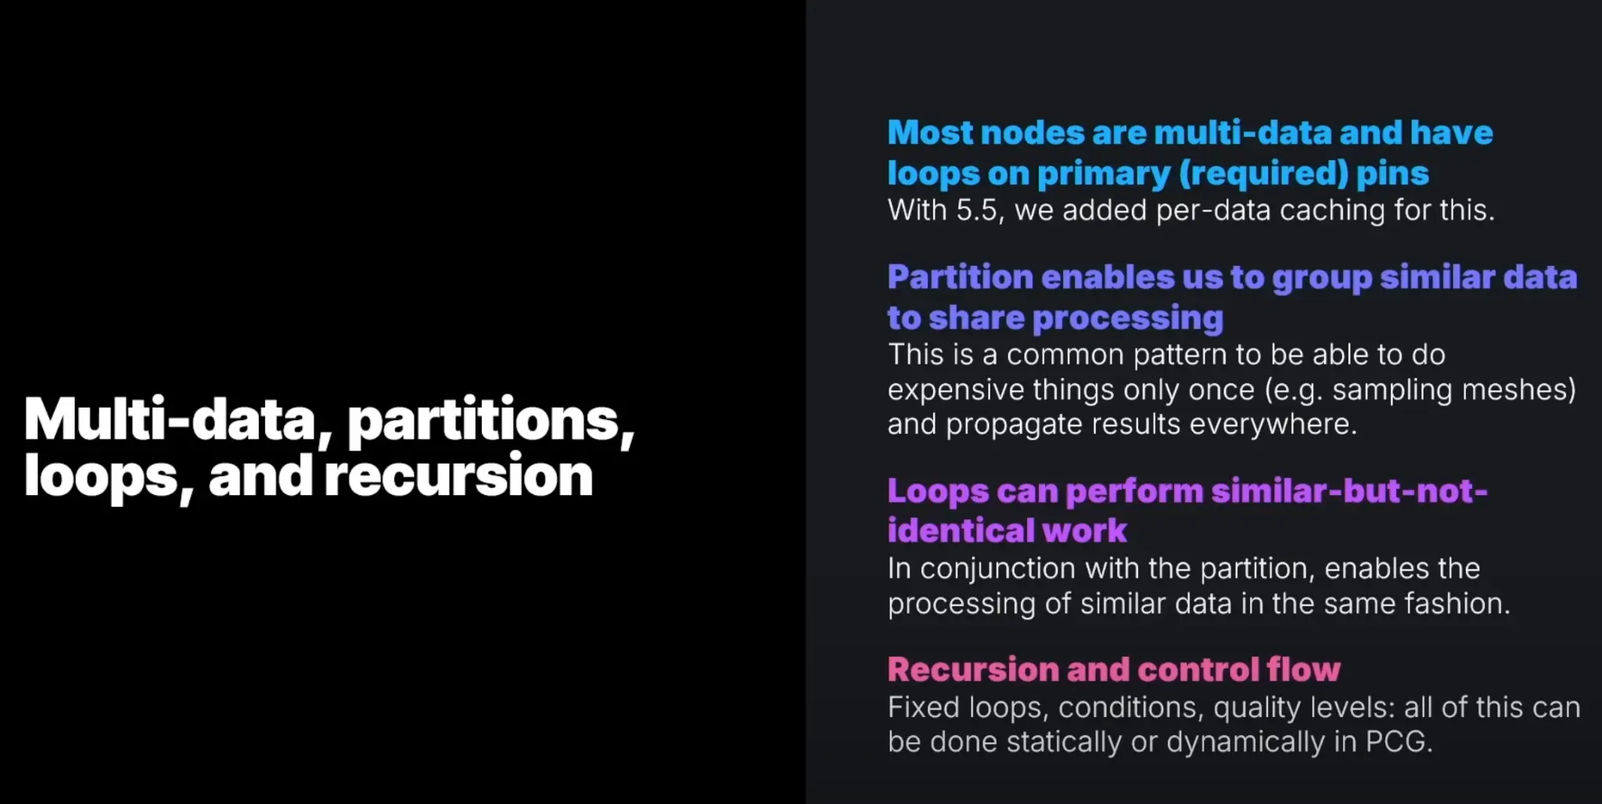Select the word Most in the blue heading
pyautogui.click(x=929, y=133)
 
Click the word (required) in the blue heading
pyautogui.click(x=1263, y=174)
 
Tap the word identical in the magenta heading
pyautogui.click(x=960, y=530)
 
